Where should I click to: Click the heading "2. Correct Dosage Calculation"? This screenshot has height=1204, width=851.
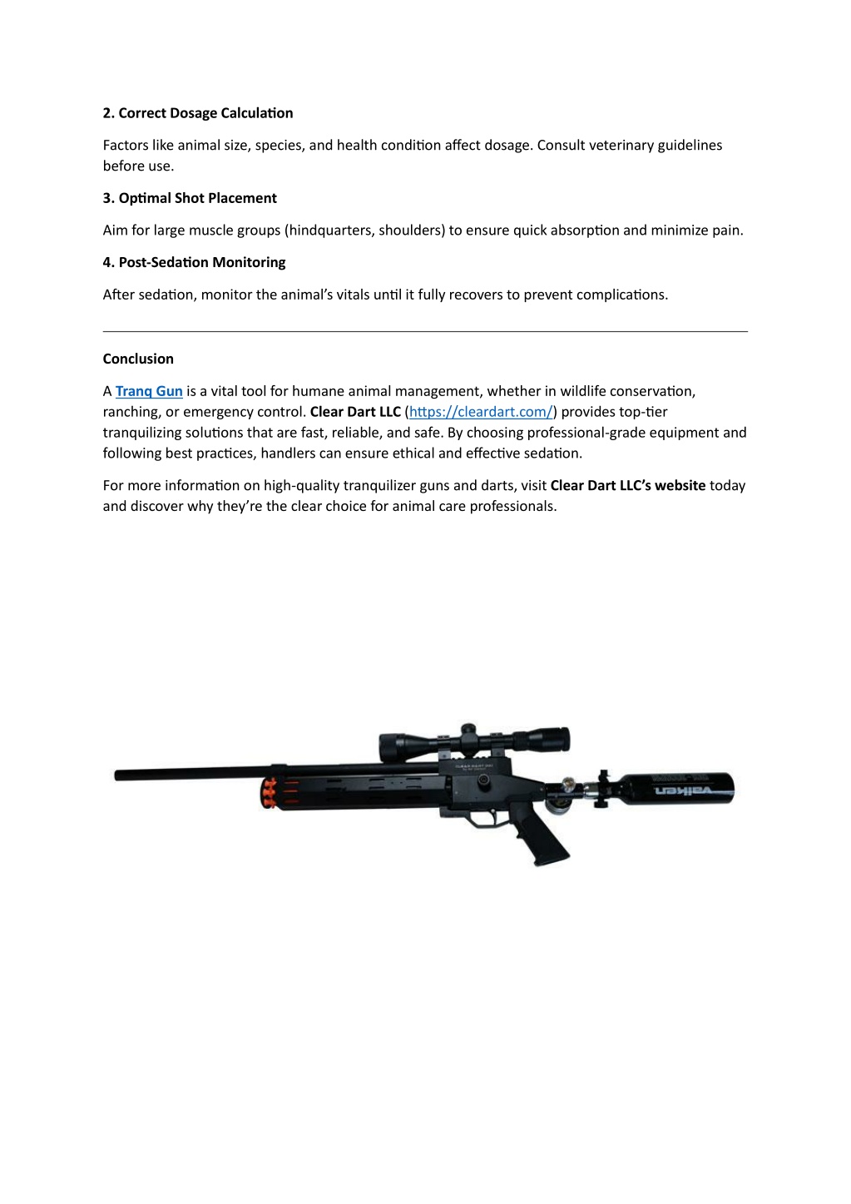[x=198, y=113]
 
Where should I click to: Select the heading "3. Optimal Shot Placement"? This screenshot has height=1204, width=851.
[x=190, y=198]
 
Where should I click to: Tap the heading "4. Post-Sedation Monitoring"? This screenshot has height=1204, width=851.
[x=194, y=262]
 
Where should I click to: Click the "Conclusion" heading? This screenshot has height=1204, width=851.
[x=138, y=359]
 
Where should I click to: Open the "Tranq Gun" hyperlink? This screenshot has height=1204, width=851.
[x=149, y=391]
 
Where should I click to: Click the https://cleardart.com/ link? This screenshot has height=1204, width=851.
[x=481, y=412]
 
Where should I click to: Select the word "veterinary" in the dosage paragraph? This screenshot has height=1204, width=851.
[x=621, y=146]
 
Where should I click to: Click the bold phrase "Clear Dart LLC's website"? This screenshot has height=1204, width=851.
[x=627, y=485]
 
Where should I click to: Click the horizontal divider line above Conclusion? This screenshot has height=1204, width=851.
[x=425, y=331]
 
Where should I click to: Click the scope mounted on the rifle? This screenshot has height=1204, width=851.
[x=474, y=741]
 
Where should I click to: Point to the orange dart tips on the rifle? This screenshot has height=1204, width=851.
[x=270, y=794]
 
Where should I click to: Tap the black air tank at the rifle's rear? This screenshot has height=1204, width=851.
[x=679, y=788]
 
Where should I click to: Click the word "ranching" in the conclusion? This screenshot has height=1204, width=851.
[x=131, y=412]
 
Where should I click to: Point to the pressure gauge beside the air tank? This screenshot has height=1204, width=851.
[x=570, y=785]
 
